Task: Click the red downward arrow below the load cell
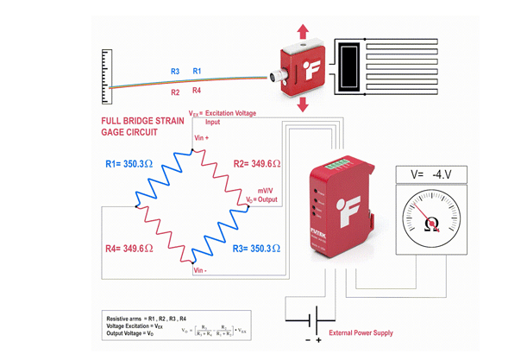(303, 104)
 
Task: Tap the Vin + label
(203, 137)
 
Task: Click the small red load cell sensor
(298, 68)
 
